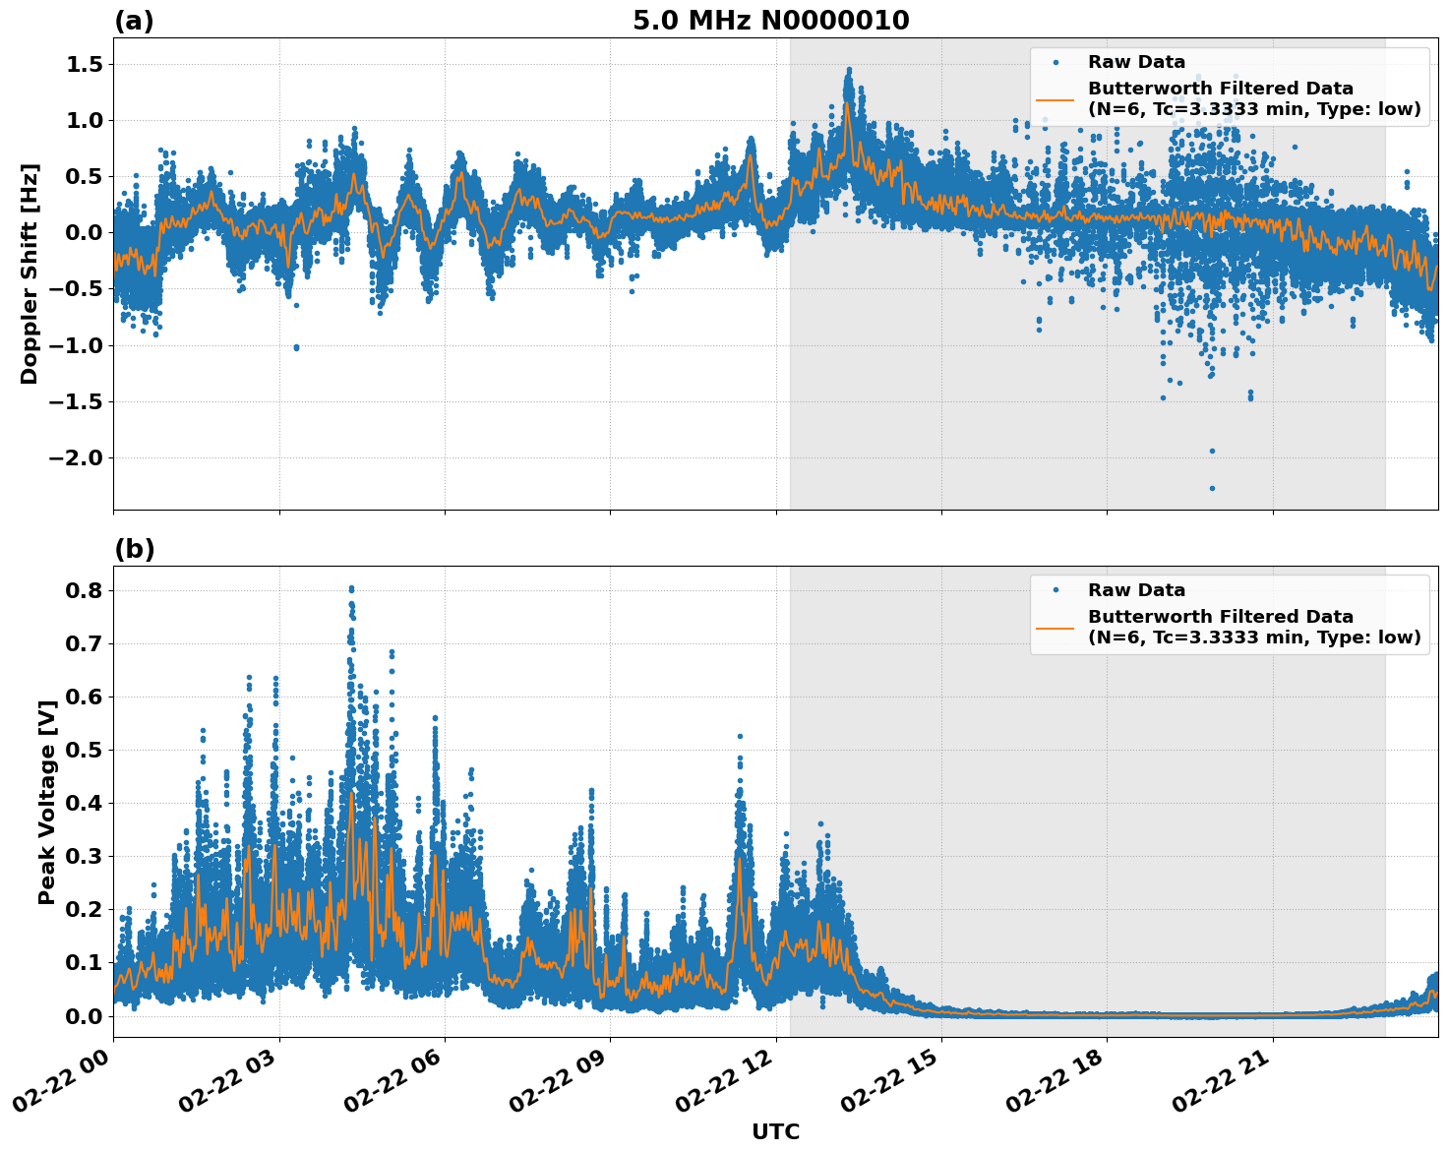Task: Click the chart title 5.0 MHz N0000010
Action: point(770,21)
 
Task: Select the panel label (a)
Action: point(134,21)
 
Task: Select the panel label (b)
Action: point(134,549)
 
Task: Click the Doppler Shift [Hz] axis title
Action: point(30,273)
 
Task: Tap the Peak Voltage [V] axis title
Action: point(46,796)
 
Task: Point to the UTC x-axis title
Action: point(775,1131)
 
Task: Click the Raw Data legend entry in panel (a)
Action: point(1136,62)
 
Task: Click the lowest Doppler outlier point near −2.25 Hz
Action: point(1212,488)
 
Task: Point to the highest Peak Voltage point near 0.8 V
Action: point(351,588)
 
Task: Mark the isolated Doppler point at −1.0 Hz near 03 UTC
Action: point(296,347)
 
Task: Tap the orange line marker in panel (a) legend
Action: point(1056,98)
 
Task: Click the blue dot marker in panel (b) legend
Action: point(1056,590)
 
